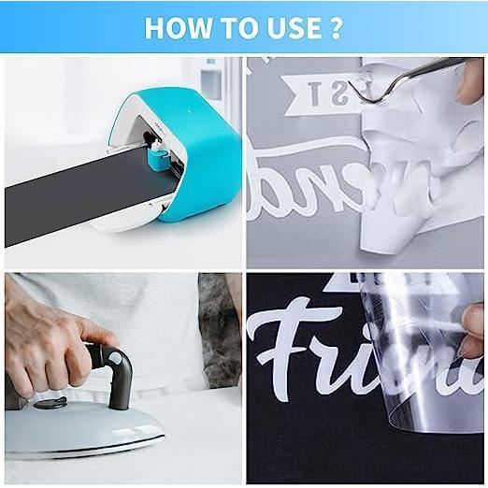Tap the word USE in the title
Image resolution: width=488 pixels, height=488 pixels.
[x=281, y=27]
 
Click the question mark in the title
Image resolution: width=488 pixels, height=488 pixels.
[x=335, y=27]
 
